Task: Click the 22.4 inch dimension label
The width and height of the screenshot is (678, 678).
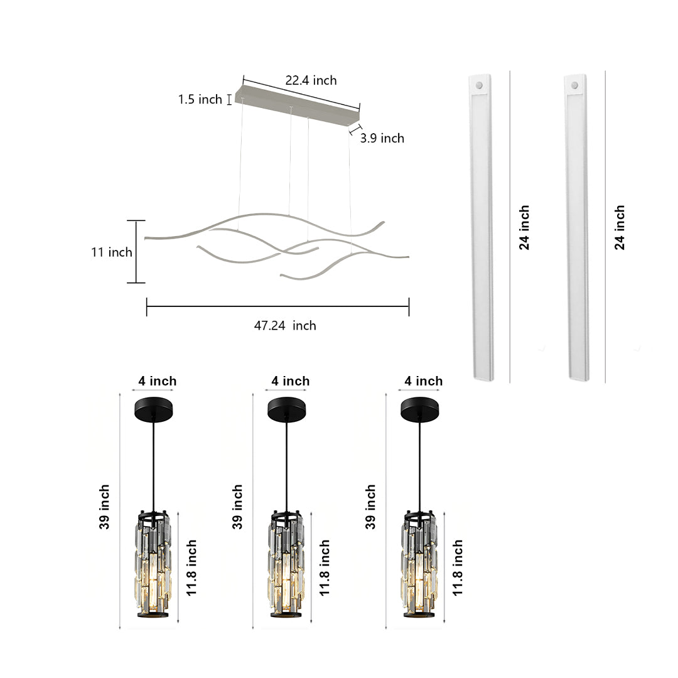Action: (x=311, y=80)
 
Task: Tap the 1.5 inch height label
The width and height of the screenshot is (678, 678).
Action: (x=200, y=99)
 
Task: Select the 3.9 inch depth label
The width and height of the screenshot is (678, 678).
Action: (x=382, y=138)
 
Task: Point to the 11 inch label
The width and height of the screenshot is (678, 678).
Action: (x=111, y=252)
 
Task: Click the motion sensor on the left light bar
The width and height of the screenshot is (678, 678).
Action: (x=481, y=83)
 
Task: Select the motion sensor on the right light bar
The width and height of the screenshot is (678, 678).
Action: (x=575, y=83)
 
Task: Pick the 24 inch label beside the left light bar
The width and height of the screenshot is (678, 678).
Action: (x=524, y=227)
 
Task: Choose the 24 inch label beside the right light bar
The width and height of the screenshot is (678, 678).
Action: (x=620, y=227)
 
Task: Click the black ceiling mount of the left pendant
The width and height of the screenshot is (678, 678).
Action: (x=153, y=409)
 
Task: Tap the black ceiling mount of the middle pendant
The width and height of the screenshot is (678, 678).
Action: (x=287, y=409)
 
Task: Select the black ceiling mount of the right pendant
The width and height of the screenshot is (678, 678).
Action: (x=420, y=409)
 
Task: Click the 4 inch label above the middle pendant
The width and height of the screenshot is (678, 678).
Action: (x=290, y=381)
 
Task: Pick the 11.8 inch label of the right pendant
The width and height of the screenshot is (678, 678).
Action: (x=458, y=567)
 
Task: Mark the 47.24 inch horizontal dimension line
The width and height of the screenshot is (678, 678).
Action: (x=277, y=306)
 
